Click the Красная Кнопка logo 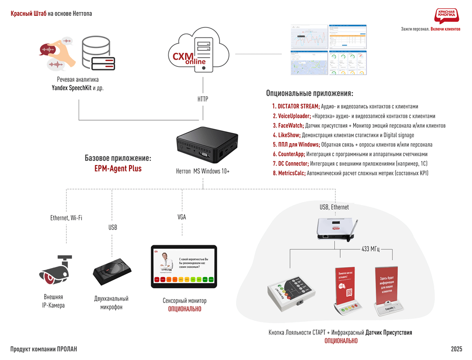tap(446, 15)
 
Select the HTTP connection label tap(203, 99)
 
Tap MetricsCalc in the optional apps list tap(291, 173)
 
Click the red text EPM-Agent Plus tap(118, 169)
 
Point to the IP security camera tap(55, 270)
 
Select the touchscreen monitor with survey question tap(184, 267)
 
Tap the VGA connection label tap(182, 217)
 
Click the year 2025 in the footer tap(457, 349)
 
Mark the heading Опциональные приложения tap(309, 93)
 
